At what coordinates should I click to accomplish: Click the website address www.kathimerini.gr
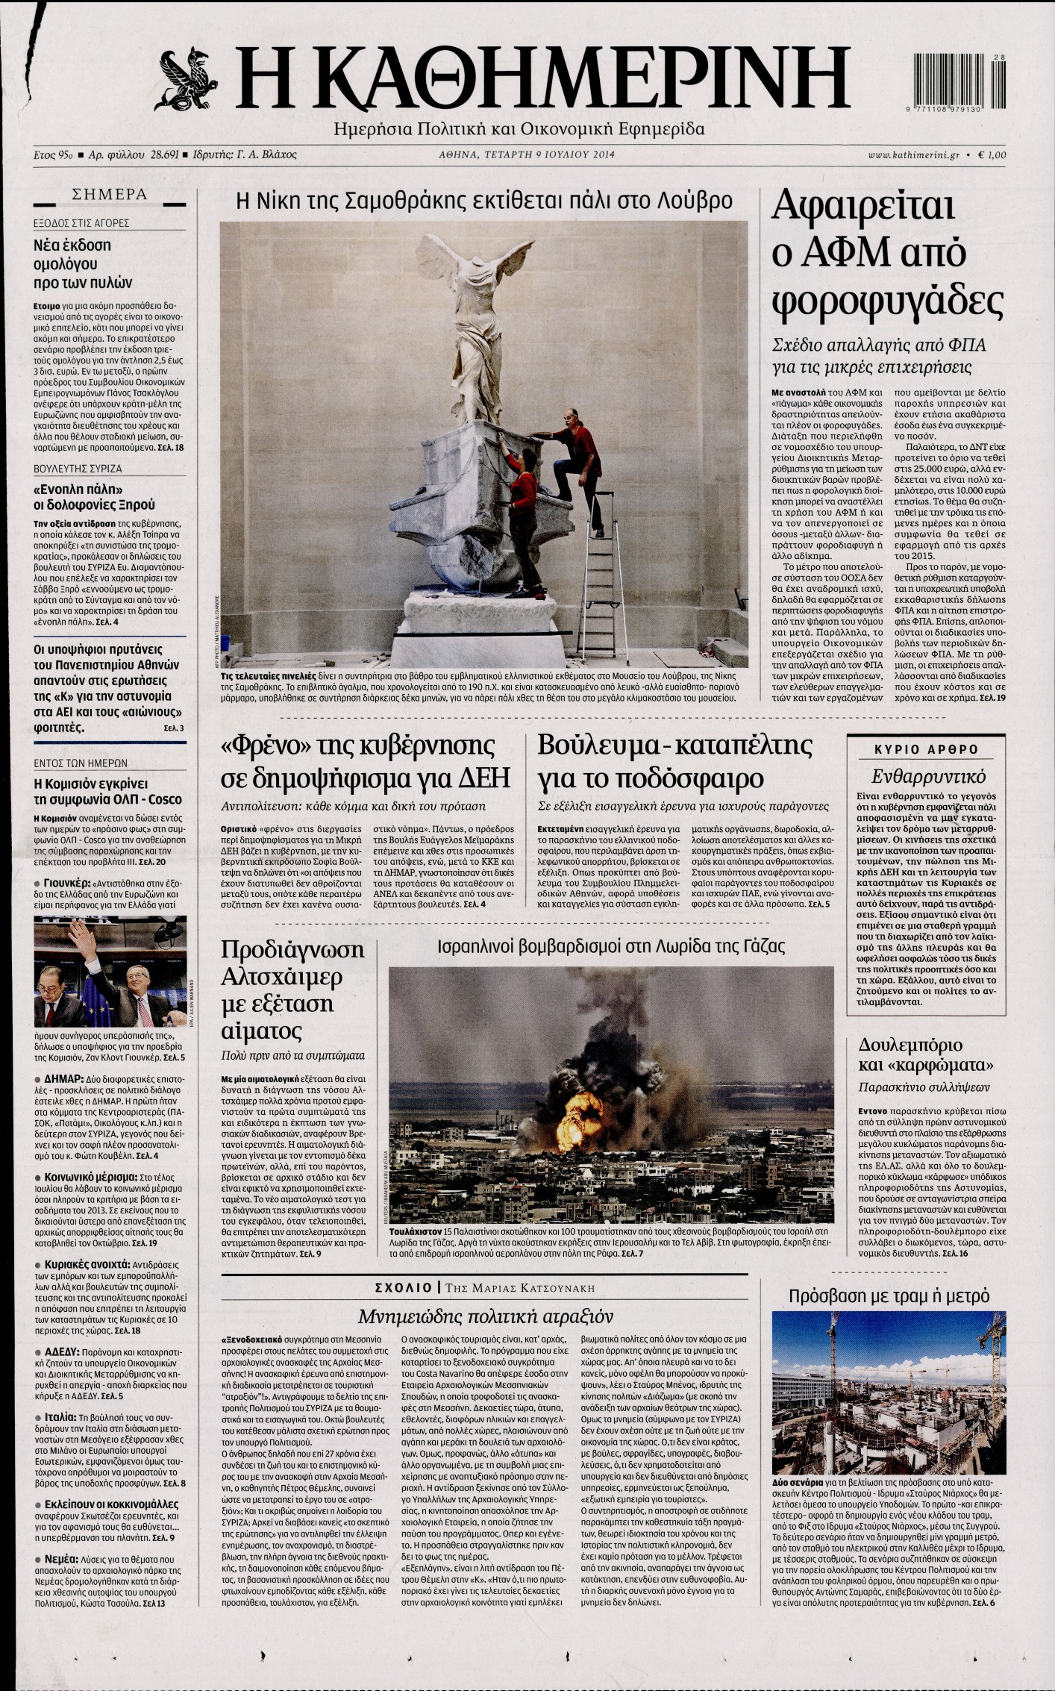[x=913, y=155]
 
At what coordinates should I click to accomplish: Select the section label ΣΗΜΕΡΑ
[x=109, y=196]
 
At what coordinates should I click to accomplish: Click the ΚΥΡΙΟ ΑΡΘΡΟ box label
[x=925, y=749]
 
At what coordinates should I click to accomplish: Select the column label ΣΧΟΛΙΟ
[x=404, y=1287]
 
